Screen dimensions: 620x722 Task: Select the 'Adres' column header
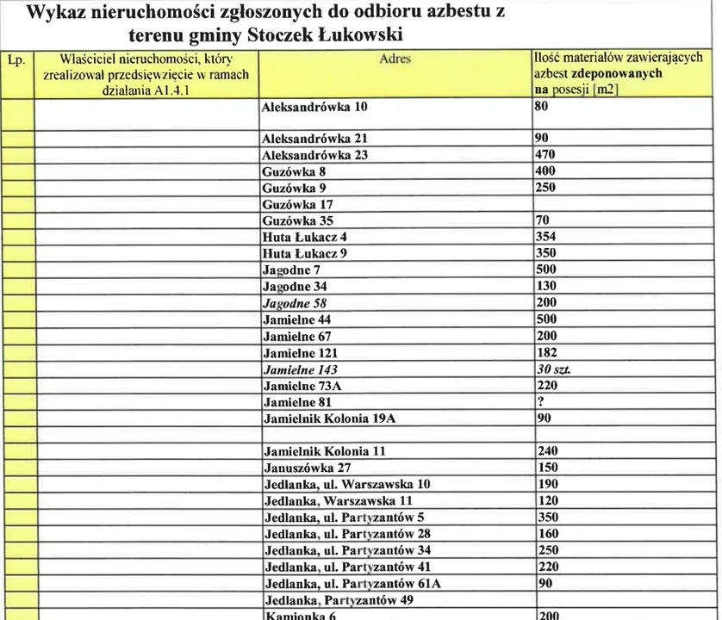[x=395, y=59]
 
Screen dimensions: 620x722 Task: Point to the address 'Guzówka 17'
[x=297, y=204]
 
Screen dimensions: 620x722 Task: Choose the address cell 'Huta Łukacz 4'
[x=304, y=237]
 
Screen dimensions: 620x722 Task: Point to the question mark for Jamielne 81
[x=538, y=401]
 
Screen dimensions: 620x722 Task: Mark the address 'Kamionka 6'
[x=298, y=615]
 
